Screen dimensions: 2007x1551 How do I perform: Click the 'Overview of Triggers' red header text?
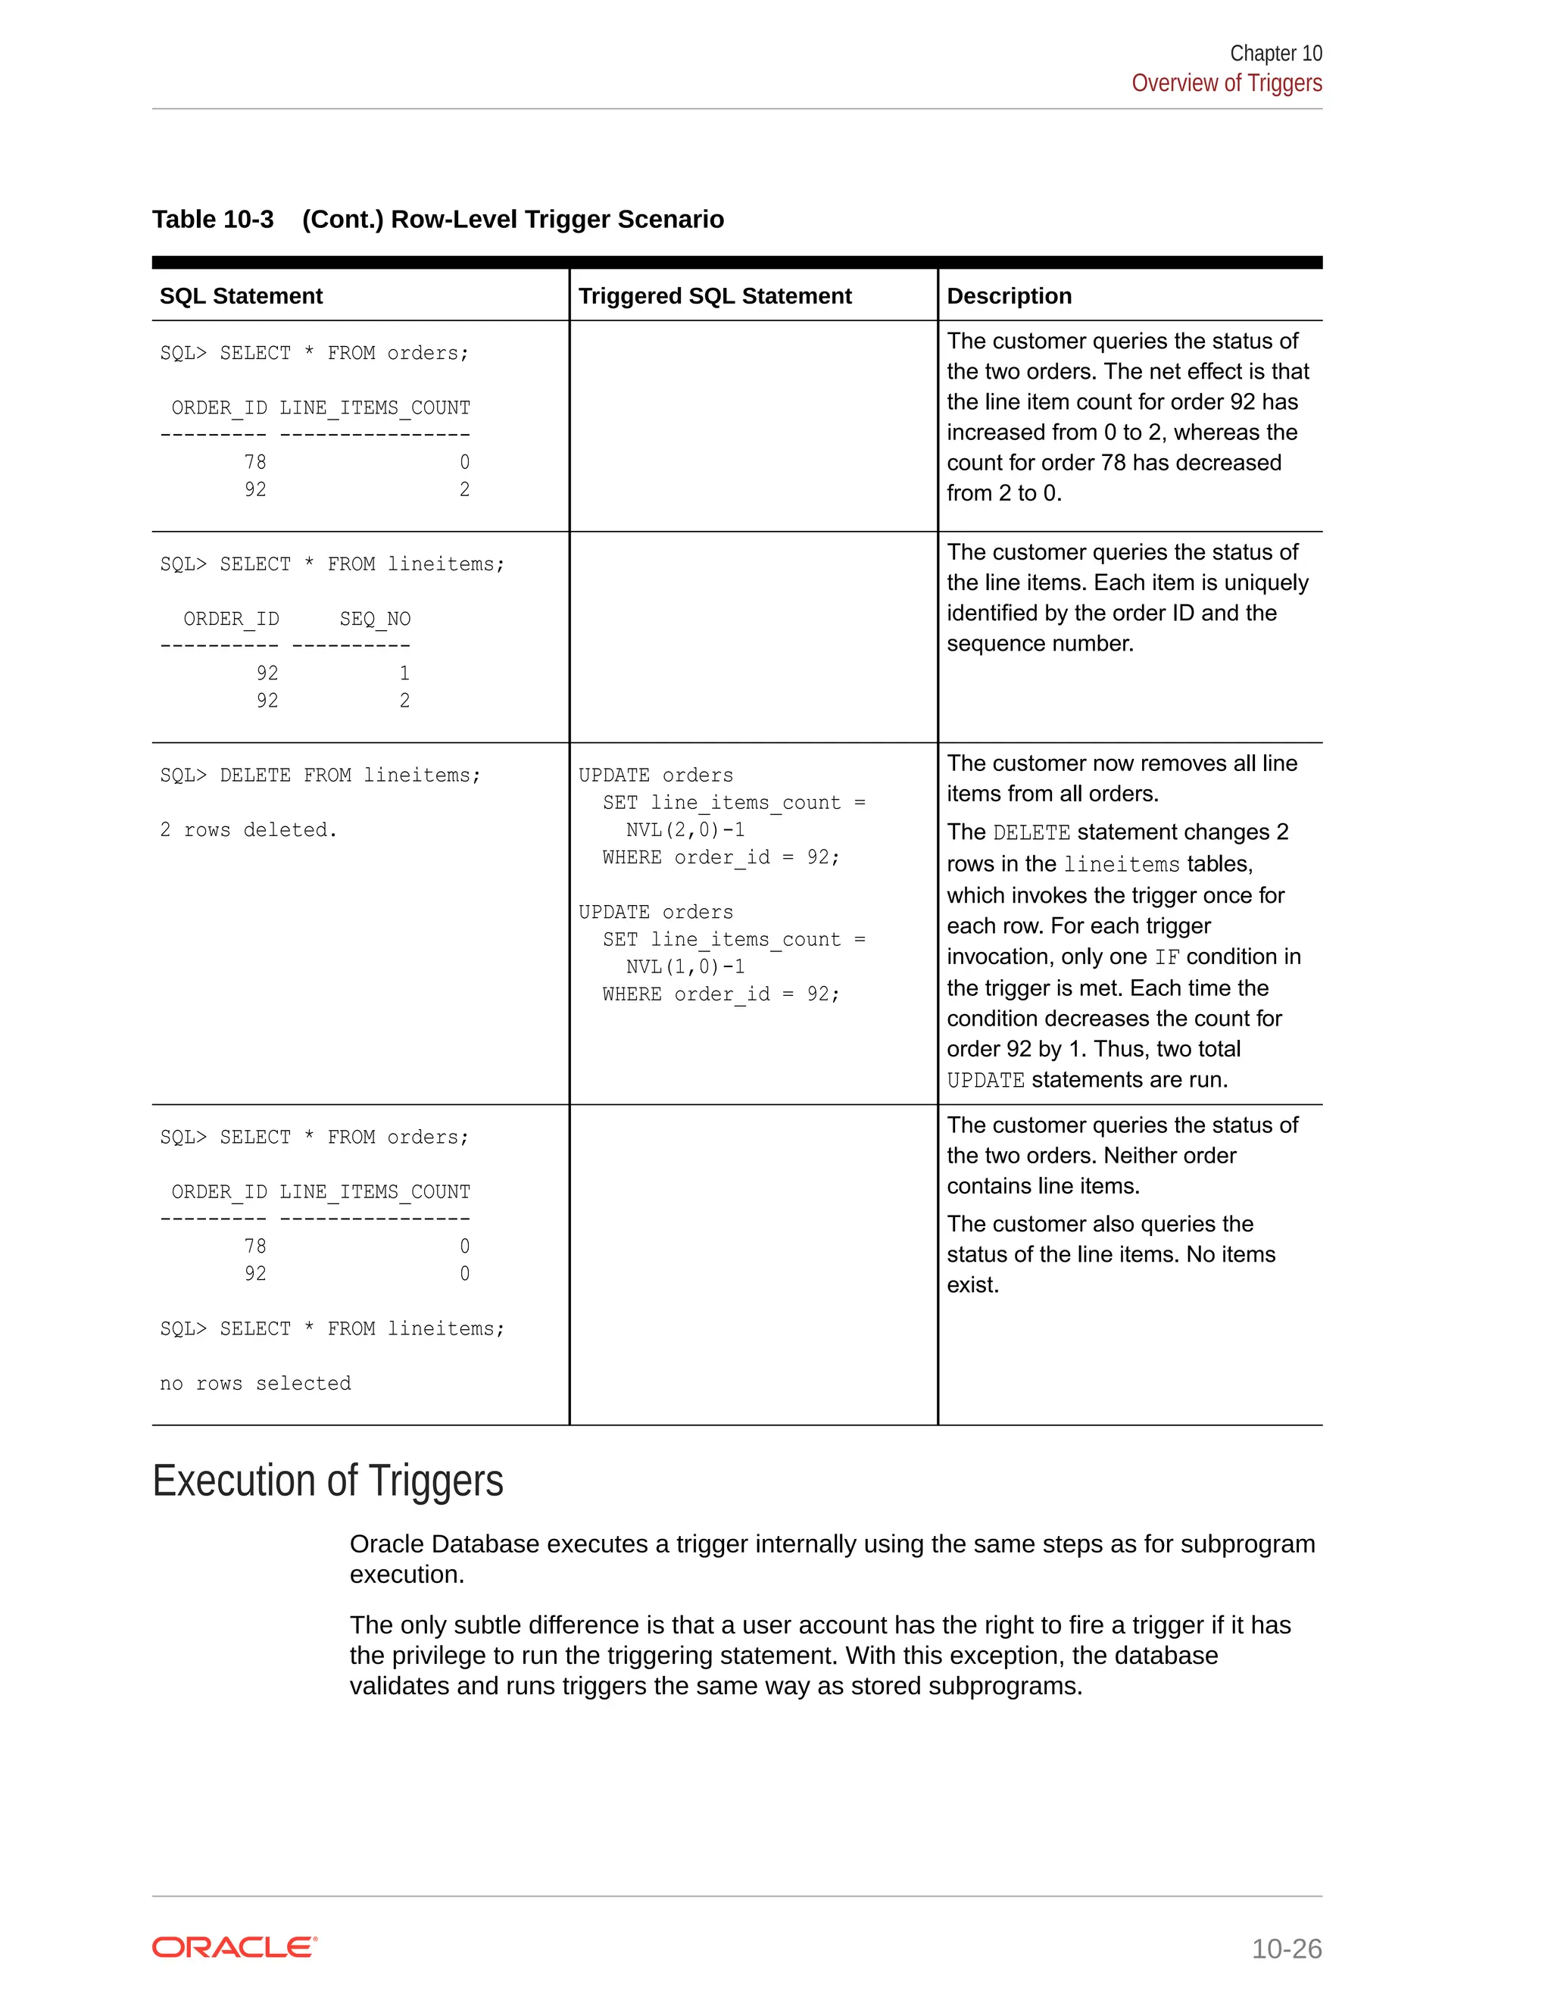pyautogui.click(x=1226, y=83)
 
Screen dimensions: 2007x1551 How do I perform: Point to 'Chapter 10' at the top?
pyautogui.click(x=1275, y=53)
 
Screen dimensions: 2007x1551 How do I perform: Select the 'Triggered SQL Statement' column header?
pyautogui.click(x=714, y=296)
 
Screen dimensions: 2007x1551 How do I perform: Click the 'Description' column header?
pyautogui.click(x=1009, y=296)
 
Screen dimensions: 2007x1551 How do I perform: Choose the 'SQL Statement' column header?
pyautogui.click(x=241, y=296)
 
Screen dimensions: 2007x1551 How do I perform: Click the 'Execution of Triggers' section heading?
pyautogui.click(x=327, y=1481)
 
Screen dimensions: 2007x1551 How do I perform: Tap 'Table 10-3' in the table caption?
pyautogui.click(x=212, y=219)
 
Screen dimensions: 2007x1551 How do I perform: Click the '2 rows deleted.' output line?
pyautogui.click(x=248, y=830)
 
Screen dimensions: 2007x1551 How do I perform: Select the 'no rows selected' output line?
pyautogui.click(x=255, y=1383)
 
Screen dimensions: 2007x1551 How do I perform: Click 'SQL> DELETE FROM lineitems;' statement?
pyautogui.click(x=320, y=775)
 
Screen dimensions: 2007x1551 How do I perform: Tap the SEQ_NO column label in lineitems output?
pyautogui.click(x=375, y=619)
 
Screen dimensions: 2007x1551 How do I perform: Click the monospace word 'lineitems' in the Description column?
pyautogui.click(x=1121, y=865)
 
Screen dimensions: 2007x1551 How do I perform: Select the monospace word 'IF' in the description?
pyautogui.click(x=1166, y=957)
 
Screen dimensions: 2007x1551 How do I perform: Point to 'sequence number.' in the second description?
pyautogui.click(x=1040, y=643)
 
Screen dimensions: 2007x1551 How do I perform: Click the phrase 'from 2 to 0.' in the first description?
pyautogui.click(x=1003, y=494)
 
